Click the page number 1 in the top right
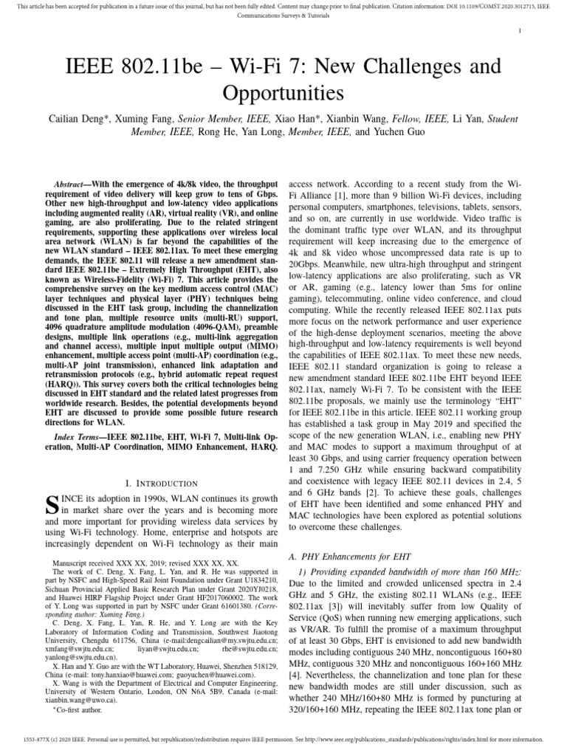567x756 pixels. point(520,31)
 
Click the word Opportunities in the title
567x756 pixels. point(283,94)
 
